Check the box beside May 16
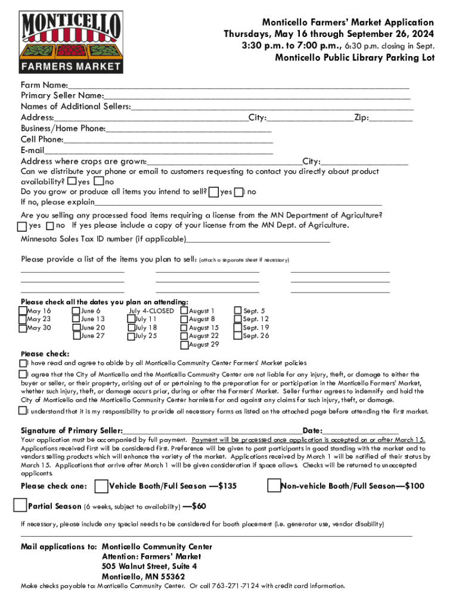23,310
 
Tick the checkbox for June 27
76,336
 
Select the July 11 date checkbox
131,319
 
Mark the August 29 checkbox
184,344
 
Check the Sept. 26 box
238,336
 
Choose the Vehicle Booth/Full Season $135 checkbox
101,486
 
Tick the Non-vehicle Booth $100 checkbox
274,486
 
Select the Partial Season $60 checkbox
20,506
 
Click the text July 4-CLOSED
151,311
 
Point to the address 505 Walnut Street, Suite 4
149,567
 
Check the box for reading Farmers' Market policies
23,363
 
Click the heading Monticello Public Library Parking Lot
354,58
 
